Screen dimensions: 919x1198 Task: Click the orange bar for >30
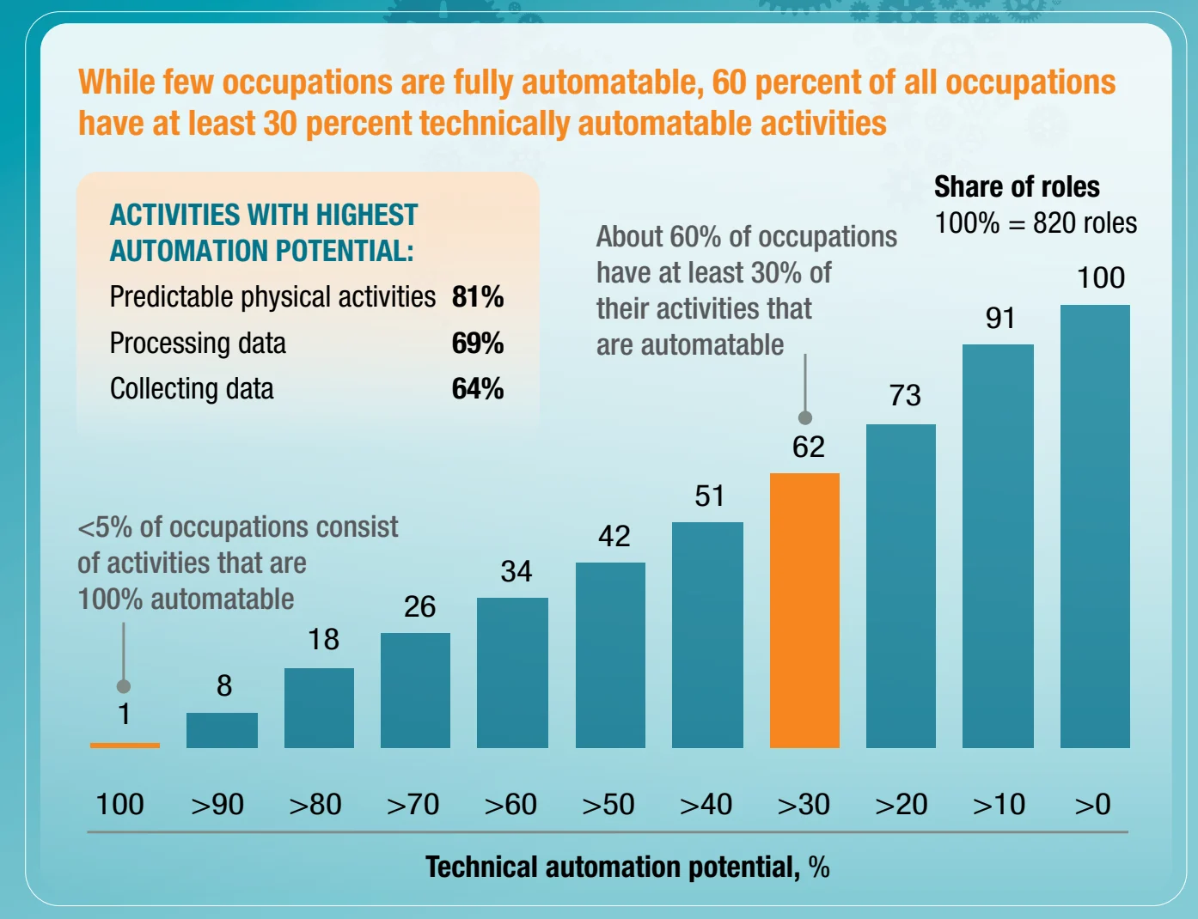click(804, 610)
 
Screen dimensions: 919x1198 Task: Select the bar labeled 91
click(998, 545)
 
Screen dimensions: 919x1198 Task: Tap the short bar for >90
click(222, 730)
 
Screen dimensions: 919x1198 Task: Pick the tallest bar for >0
click(1095, 526)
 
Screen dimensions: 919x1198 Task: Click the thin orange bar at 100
click(125, 745)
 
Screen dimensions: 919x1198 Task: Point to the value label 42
click(614, 537)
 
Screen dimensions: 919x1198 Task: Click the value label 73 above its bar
click(905, 395)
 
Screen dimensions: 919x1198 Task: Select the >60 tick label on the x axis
click(510, 805)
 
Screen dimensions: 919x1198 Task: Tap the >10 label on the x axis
click(999, 805)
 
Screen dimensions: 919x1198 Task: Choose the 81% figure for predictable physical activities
click(478, 297)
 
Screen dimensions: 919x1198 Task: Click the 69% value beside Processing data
click(478, 344)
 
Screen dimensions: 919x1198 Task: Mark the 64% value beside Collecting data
click(478, 389)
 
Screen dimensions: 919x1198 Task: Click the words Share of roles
click(1017, 187)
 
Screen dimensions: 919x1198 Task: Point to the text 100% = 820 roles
click(1036, 223)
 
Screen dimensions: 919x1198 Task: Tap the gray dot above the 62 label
click(805, 417)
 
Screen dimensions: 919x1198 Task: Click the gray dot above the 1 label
click(124, 685)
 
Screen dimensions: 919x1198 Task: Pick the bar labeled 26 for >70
click(415, 690)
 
